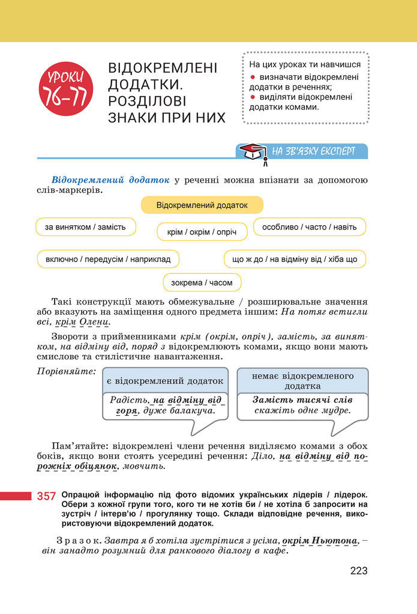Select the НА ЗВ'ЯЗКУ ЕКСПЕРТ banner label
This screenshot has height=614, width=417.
313,151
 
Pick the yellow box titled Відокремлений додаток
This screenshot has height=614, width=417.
202,205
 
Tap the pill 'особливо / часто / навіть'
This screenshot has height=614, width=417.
309,226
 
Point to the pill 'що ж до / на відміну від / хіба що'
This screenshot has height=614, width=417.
294,259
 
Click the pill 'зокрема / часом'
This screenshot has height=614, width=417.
202,282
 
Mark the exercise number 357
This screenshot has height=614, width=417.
46,496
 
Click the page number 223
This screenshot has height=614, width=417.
359,571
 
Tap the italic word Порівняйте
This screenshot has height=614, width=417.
66,371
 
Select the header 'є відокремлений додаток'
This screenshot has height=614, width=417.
165,380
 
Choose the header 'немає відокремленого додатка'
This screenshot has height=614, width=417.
302,381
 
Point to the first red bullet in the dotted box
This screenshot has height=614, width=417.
253,78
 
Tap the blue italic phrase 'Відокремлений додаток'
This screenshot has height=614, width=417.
111,180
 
